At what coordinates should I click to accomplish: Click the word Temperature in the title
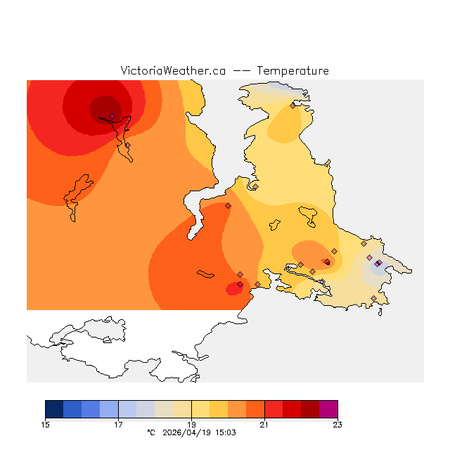[x=292, y=71]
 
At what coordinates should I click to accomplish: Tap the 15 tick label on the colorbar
[x=46, y=424]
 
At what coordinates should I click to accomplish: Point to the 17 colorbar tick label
[x=119, y=424]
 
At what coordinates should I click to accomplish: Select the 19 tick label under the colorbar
[x=191, y=424]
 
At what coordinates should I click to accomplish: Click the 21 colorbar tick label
[x=264, y=424]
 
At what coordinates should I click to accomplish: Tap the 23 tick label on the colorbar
[x=337, y=424]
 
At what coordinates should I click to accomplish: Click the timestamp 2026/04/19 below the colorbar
[x=188, y=432]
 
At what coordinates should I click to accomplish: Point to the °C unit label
[x=150, y=432]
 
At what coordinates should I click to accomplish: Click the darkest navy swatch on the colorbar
[x=54, y=409]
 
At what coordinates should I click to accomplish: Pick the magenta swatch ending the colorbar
[x=328, y=409]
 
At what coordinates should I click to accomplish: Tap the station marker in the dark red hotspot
[x=112, y=116]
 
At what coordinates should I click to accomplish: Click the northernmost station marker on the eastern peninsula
[x=292, y=105]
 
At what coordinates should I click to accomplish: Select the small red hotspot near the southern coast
[x=234, y=288]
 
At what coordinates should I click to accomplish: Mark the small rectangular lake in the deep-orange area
[x=205, y=274]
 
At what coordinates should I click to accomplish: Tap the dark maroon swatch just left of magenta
[x=310, y=409]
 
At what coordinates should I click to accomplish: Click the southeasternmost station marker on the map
[x=373, y=298]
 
